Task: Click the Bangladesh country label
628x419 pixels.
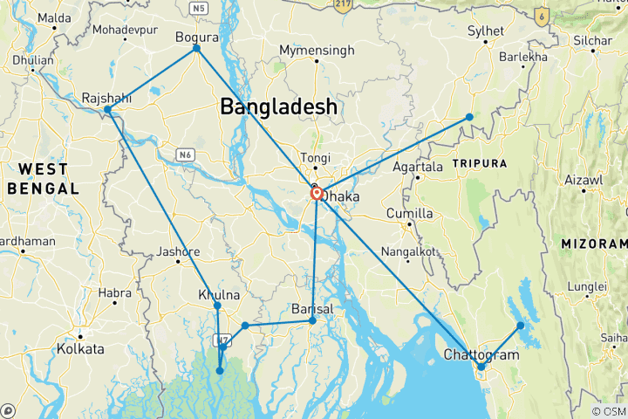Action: (x=278, y=106)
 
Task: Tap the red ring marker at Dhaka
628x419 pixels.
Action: (x=317, y=194)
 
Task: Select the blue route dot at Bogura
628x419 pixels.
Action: (x=197, y=48)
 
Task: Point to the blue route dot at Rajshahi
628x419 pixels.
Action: (x=107, y=110)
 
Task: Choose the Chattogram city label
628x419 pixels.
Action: (x=481, y=354)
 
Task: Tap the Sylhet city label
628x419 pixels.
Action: (x=486, y=31)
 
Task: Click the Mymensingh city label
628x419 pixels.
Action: (x=317, y=52)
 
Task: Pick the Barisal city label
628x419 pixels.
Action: (x=311, y=308)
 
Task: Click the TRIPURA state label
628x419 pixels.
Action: (x=478, y=163)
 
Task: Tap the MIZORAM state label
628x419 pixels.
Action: (x=593, y=244)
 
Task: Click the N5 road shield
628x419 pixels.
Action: (x=201, y=8)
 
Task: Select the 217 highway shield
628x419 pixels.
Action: (x=342, y=4)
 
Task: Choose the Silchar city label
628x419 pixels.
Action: (x=593, y=41)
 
